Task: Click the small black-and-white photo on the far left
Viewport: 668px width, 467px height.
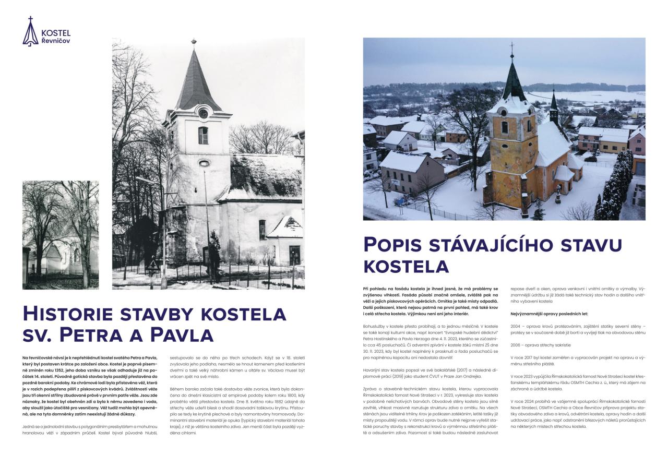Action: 61,235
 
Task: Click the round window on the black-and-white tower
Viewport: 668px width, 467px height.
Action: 203,113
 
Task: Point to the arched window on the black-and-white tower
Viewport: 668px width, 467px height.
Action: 203,135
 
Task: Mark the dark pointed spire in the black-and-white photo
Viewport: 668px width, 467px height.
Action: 197,78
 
